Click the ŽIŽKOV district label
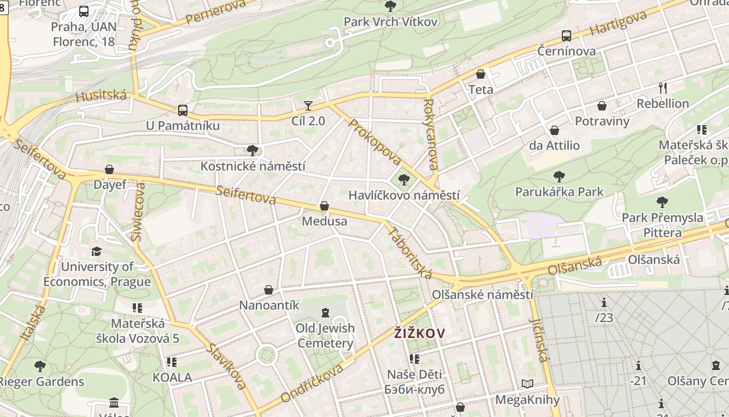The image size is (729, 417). coord(419,333)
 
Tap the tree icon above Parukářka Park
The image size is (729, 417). coord(559,177)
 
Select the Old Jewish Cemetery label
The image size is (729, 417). coord(325,336)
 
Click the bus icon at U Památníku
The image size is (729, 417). coord(182,111)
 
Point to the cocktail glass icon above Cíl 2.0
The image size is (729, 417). coord(308,106)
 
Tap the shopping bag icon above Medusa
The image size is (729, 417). coord(324,206)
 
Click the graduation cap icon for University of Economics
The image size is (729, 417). coord(96,252)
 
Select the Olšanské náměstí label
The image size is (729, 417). coord(482,295)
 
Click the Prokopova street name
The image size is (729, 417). coord(374,142)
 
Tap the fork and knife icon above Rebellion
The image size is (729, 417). coord(663,88)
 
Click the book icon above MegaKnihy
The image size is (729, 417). coord(527,384)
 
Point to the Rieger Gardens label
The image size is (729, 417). coord(41,382)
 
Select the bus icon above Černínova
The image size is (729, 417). coord(567,36)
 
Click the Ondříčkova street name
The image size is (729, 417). coord(312,384)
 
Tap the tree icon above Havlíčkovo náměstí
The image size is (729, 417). coord(404,180)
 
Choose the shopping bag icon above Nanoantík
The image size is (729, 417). coord(269,290)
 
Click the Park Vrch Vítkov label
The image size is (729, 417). coord(390,21)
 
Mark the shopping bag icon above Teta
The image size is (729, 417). coord(481,74)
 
